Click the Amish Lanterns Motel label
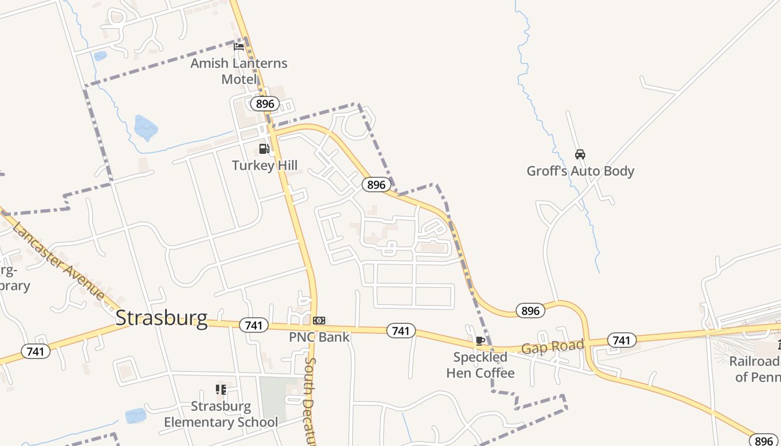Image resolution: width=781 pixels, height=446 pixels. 239,71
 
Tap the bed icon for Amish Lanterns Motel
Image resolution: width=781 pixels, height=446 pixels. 239,46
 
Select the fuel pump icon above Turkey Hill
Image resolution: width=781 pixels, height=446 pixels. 264,149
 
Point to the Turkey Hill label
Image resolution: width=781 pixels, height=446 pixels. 264,166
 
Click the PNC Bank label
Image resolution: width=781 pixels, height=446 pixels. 319,337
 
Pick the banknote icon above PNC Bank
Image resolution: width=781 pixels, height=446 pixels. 319,321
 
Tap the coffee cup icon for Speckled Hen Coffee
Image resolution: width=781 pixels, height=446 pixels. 480,341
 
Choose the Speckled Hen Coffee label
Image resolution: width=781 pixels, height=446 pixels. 480,365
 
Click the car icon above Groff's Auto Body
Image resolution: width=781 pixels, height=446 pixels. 580,154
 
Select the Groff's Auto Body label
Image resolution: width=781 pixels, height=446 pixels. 580,171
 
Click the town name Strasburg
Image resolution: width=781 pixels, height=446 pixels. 161,318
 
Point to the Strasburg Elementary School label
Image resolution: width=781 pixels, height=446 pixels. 221,414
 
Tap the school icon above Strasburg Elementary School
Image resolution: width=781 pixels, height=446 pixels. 221,389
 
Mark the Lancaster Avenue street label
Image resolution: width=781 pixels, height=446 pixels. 58,260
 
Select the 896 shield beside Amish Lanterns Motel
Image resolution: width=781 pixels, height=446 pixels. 264,104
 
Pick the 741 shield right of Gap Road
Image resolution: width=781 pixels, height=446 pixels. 621,340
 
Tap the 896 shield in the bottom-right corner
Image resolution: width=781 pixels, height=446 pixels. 764,440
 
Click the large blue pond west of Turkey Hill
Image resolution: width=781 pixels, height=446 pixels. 146,128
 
